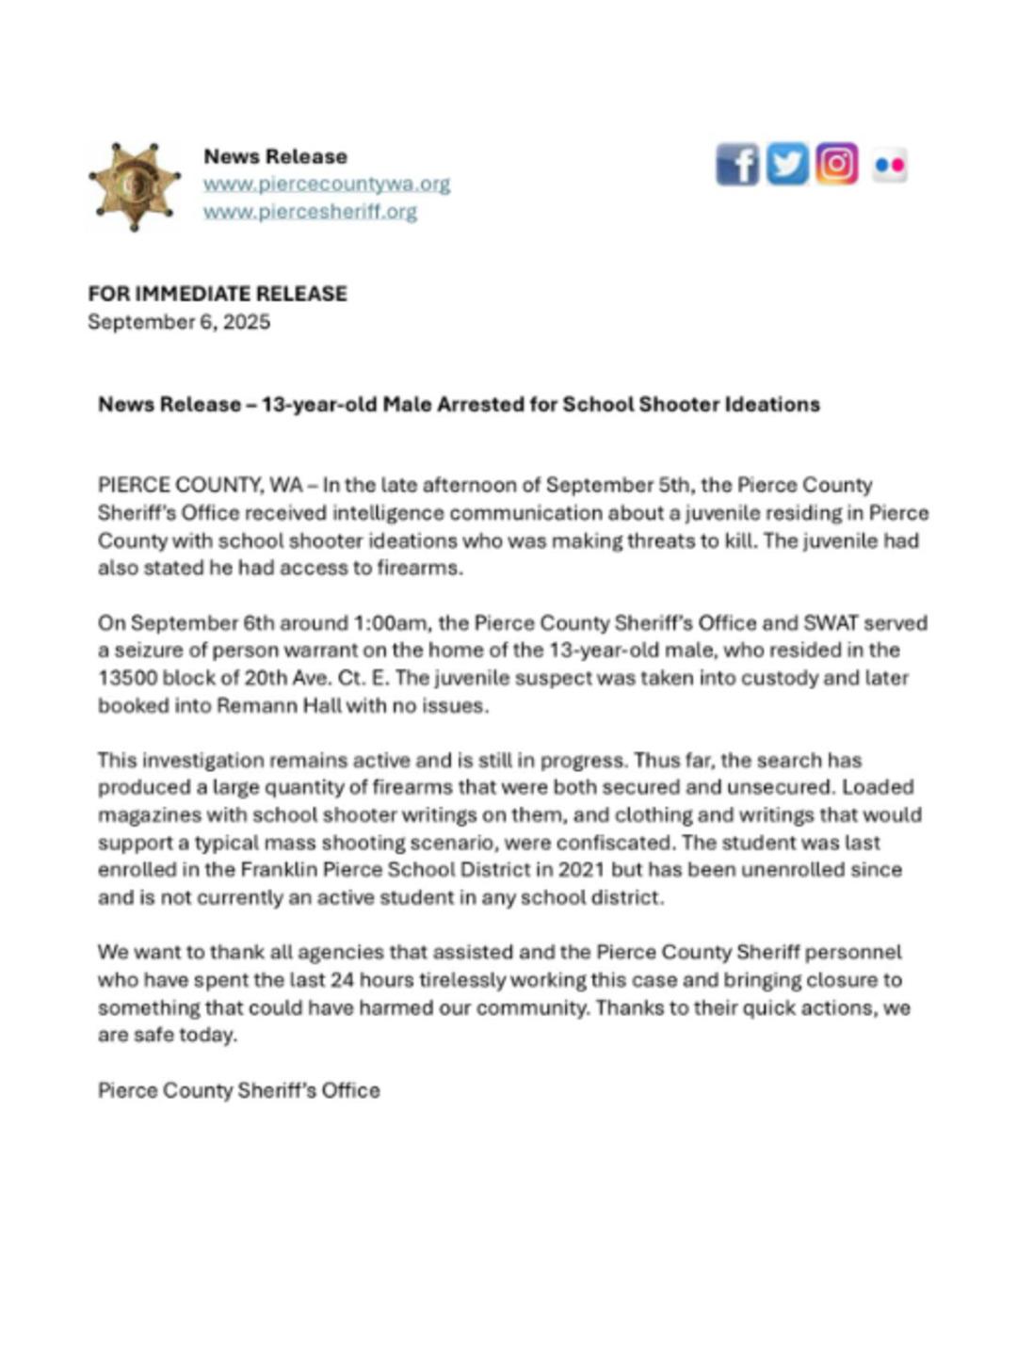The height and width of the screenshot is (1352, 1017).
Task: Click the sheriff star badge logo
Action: [x=134, y=186]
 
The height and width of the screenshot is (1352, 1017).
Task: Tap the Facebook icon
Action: [x=736, y=166]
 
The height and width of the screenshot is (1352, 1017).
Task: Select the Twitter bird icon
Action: [x=786, y=165]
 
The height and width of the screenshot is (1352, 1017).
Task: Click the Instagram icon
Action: [x=836, y=164]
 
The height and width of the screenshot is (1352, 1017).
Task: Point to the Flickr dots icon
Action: [x=889, y=166]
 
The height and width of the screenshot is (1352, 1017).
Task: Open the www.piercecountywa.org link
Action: [x=326, y=184]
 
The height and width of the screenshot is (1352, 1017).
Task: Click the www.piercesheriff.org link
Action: [x=310, y=211]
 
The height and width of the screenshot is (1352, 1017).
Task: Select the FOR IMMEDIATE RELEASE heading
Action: [x=218, y=294]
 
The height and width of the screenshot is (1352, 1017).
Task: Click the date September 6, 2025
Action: [x=179, y=322]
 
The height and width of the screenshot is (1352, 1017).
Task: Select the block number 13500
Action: [x=127, y=678]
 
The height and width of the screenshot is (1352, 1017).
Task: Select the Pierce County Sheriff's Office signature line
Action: [x=239, y=1090]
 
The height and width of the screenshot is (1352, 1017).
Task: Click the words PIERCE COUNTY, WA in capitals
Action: [x=200, y=486]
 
